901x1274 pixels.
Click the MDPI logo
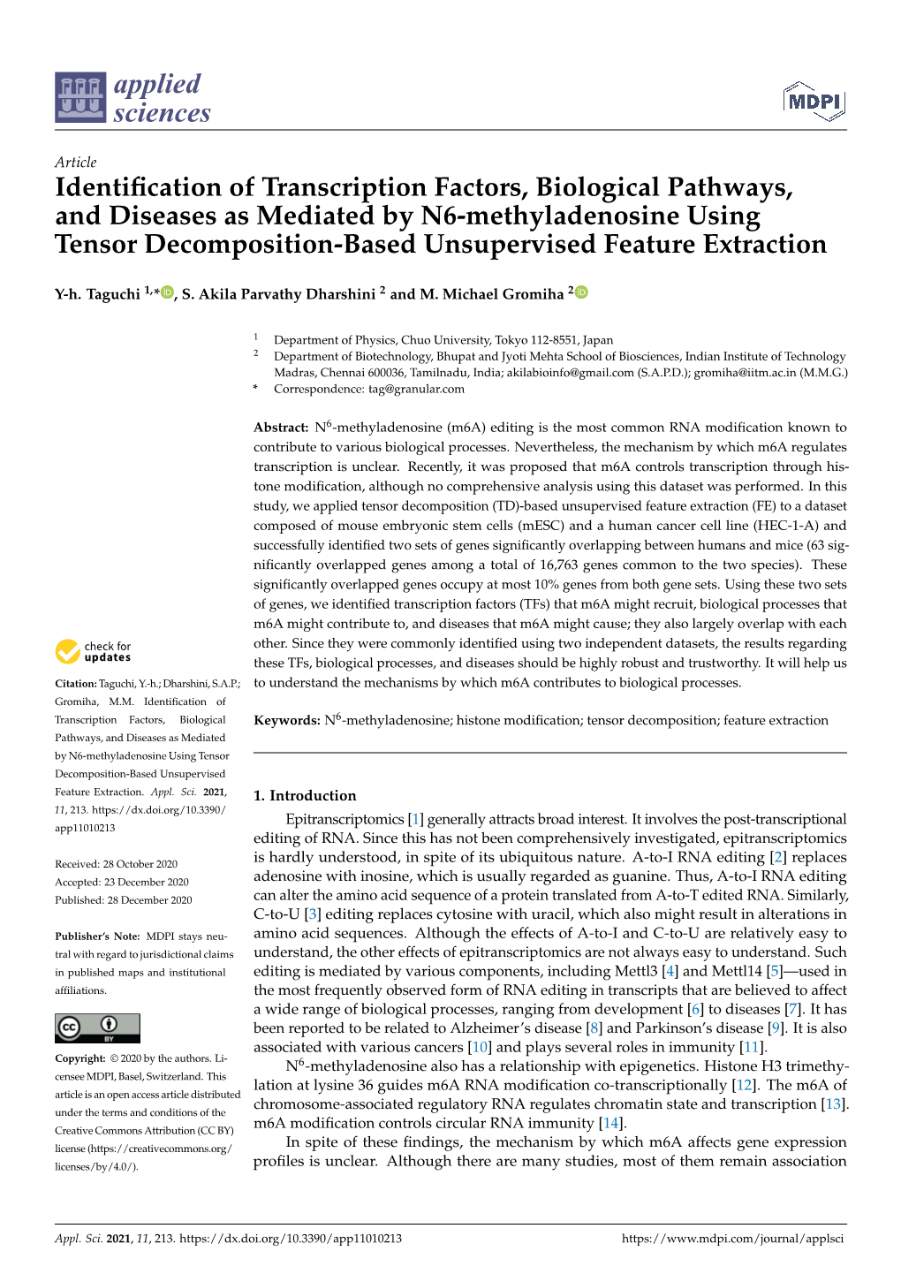tap(814, 102)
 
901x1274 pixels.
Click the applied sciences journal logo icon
tap(80, 97)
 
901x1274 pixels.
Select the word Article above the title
tap(75, 162)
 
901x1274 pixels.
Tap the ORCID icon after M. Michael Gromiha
tap(581, 292)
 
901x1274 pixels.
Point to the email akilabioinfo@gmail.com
tap(570, 373)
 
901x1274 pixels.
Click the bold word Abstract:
tap(281, 428)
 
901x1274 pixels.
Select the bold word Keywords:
tap(286, 721)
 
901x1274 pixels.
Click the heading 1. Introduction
tap(305, 795)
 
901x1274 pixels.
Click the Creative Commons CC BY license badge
tap(97, 1028)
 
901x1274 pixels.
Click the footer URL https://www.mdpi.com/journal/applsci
tap(732, 1239)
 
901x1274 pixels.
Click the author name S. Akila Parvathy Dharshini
tap(278, 294)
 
